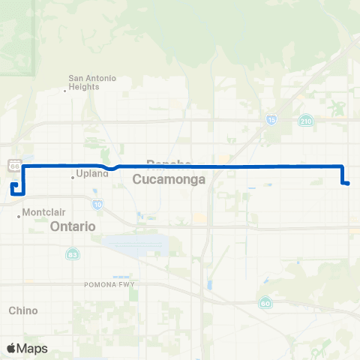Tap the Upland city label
tap(94, 174)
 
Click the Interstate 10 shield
tap(97, 203)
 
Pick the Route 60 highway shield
tap(265, 302)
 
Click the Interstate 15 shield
tap(270, 119)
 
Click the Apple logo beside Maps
tap(11, 348)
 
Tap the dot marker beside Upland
tap(73, 178)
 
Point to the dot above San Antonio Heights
tap(64, 91)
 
